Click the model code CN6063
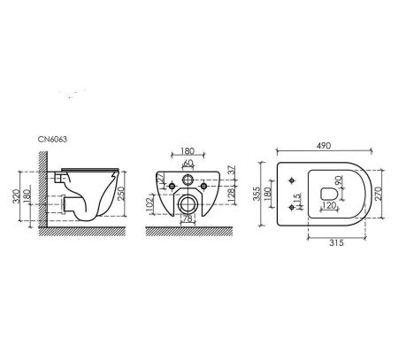[x=52, y=139]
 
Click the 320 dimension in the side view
[x=17, y=196]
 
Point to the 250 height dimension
[x=122, y=194]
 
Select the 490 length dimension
[x=324, y=146]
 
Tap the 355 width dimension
[x=258, y=194]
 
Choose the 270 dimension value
[x=379, y=194]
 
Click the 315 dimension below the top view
[x=336, y=243]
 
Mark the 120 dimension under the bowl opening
[x=329, y=205]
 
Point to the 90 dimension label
[x=339, y=180]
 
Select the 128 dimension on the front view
[x=232, y=195]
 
